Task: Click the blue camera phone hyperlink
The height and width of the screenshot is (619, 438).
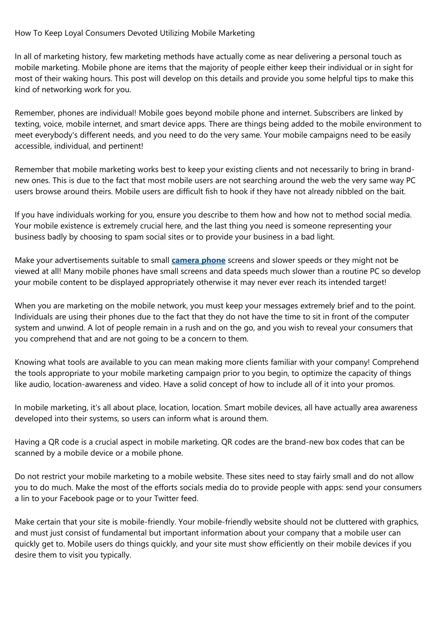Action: click(x=198, y=260)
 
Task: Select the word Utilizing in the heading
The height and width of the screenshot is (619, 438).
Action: click(x=174, y=33)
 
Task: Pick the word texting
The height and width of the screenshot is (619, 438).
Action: click(x=27, y=124)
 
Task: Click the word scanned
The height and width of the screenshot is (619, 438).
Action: click(x=29, y=453)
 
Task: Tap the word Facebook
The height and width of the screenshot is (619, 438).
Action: click(x=77, y=499)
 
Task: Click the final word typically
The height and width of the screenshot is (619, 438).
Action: click(x=115, y=555)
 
